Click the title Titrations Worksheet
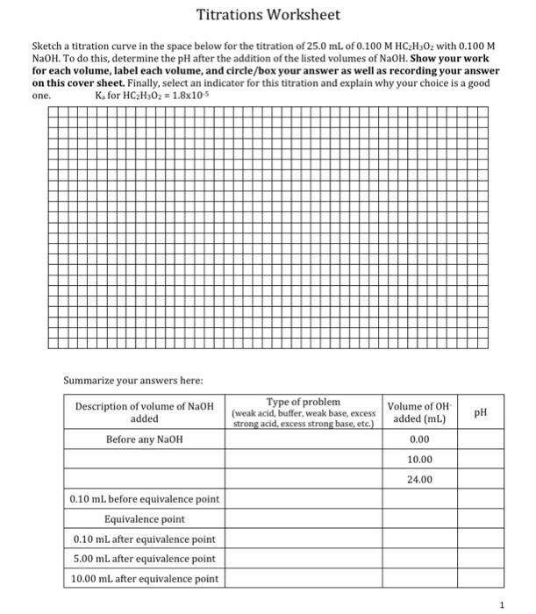pyautogui.click(x=268, y=16)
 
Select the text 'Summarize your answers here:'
pyautogui.click(x=133, y=380)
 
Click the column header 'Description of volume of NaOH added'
pyautogui.click(x=144, y=412)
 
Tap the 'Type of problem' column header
pyautogui.click(x=304, y=412)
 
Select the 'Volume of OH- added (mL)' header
pyautogui.click(x=419, y=412)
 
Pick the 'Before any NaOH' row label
pyautogui.click(x=144, y=439)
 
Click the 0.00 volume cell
pyautogui.click(x=419, y=439)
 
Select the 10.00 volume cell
pyautogui.click(x=419, y=460)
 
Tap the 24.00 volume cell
pyautogui.click(x=419, y=479)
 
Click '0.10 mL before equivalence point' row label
pyautogui.click(x=144, y=499)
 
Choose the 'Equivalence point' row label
pyautogui.click(x=144, y=519)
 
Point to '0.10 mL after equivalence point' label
pyautogui.click(x=144, y=539)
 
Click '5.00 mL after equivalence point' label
pyautogui.click(x=144, y=559)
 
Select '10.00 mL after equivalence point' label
pyautogui.click(x=144, y=579)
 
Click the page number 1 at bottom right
pyautogui.click(x=501, y=603)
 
